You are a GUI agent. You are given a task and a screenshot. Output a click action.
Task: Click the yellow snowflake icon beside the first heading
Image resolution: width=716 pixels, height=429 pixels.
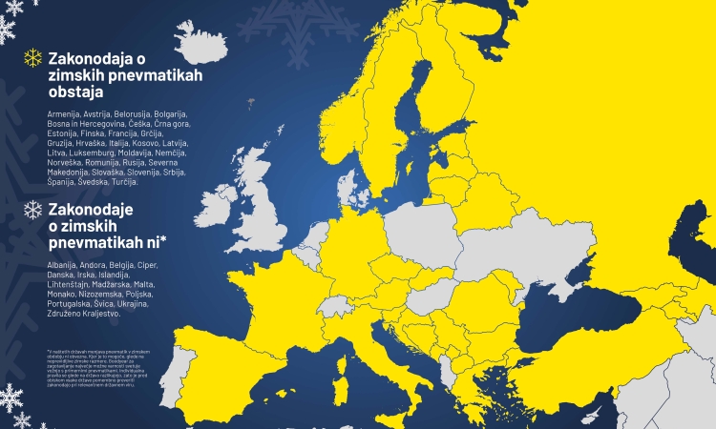pyautogui.click(x=32, y=58)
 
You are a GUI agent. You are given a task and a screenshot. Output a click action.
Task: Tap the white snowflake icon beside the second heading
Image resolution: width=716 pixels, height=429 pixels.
pyautogui.click(x=32, y=210)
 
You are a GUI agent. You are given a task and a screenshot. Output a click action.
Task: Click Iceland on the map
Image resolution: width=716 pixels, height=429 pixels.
pyautogui.click(x=210, y=44)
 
